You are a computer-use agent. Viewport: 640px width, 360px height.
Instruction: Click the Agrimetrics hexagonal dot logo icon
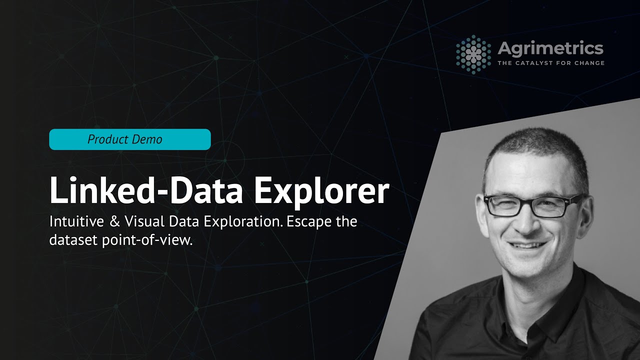point(473,53)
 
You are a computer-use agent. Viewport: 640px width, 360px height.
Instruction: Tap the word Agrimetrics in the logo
point(550,48)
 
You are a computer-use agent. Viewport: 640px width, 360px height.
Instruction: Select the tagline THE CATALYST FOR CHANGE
point(550,63)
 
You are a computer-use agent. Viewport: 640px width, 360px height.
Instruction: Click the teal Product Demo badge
point(130,139)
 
